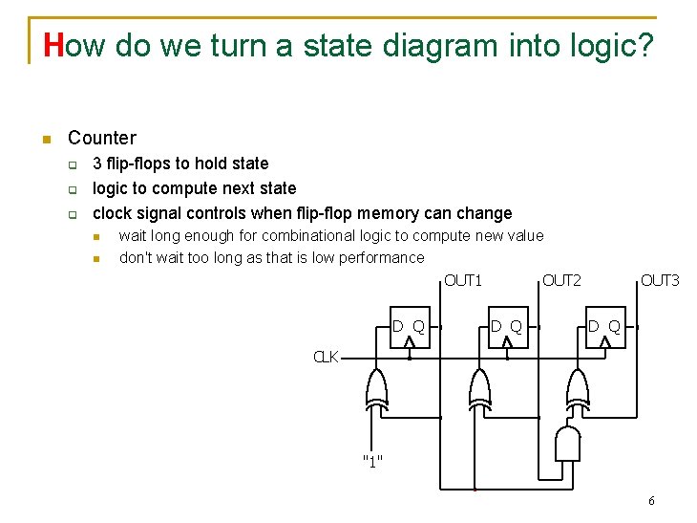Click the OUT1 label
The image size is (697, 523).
(x=463, y=280)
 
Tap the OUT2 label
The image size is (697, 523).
(x=561, y=280)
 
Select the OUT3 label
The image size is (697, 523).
(x=660, y=280)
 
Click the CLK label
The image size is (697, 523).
(x=327, y=358)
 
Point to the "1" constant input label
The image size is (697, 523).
(x=372, y=462)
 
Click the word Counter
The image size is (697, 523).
(x=102, y=138)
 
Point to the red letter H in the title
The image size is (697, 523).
(x=53, y=45)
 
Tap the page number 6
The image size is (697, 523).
(x=651, y=501)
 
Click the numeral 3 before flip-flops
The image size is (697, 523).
(x=97, y=163)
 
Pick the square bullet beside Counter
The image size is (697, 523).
(x=45, y=140)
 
